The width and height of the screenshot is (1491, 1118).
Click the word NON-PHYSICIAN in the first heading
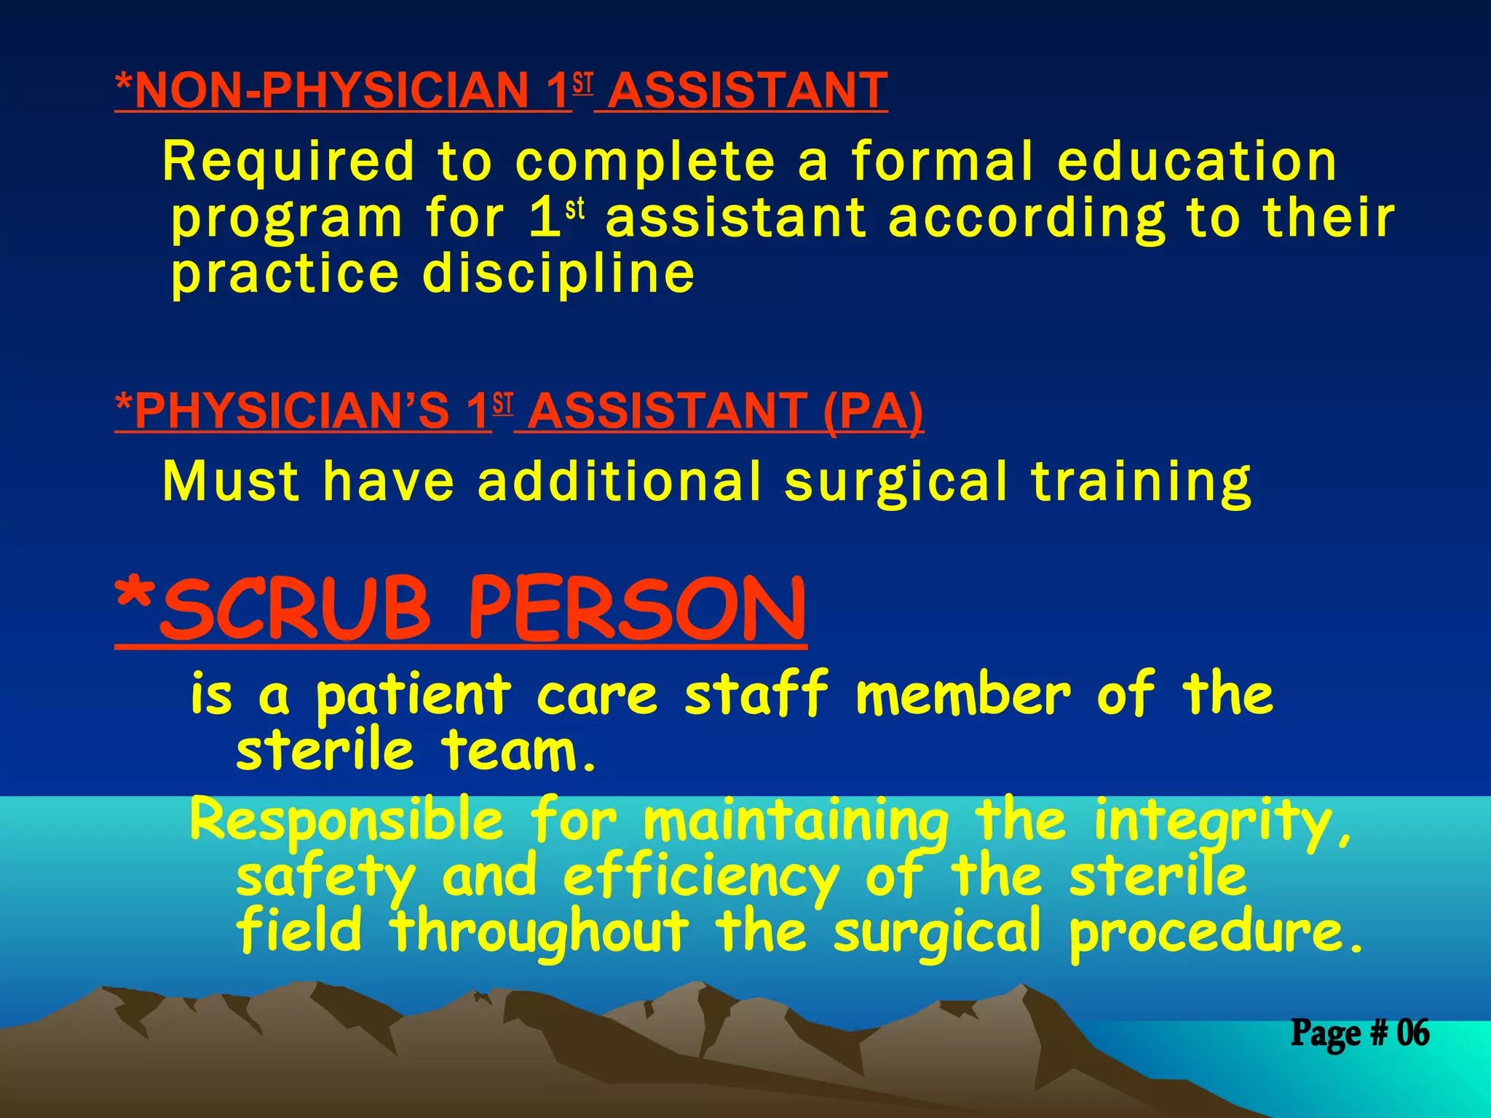(x=331, y=90)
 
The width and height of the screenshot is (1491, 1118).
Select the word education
(x=1197, y=161)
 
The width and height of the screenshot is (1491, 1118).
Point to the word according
(x=1027, y=218)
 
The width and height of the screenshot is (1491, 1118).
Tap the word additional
(x=619, y=481)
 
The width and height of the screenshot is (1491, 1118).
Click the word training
(x=1142, y=483)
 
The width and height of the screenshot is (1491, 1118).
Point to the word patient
(x=414, y=695)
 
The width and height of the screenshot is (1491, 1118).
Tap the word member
(x=962, y=695)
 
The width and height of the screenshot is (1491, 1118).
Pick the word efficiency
(x=700, y=878)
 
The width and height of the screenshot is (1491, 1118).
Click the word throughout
(x=540, y=932)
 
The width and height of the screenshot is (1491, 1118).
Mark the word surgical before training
(x=896, y=483)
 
